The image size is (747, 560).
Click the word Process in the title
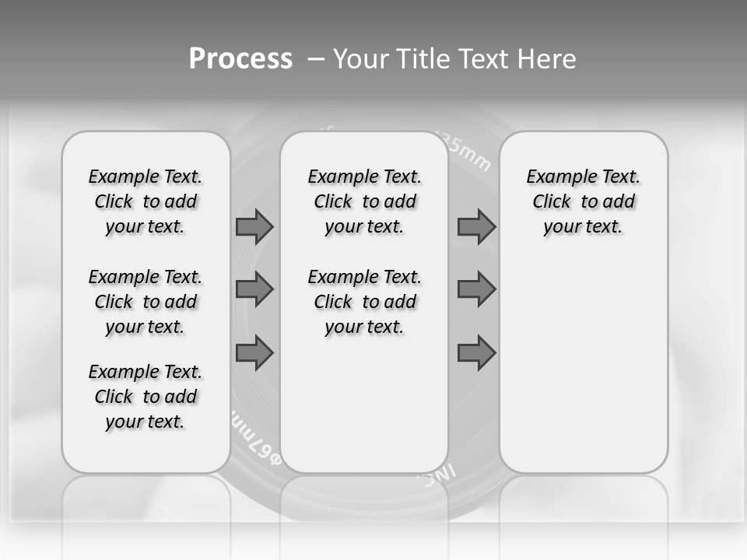(x=240, y=59)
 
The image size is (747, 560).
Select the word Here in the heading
(x=545, y=59)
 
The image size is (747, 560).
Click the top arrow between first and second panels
(x=254, y=226)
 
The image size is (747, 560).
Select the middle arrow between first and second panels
(x=254, y=289)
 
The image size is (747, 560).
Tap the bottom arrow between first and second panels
(x=254, y=353)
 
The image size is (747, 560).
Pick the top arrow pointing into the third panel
(x=476, y=226)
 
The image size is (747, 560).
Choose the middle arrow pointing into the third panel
(x=476, y=289)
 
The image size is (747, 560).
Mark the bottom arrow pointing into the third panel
(x=476, y=353)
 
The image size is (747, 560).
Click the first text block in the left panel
(x=146, y=201)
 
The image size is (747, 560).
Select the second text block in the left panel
(x=146, y=302)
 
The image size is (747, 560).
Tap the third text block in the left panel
(x=146, y=397)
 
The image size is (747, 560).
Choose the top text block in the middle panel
(x=364, y=201)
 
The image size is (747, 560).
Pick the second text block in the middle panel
(x=364, y=302)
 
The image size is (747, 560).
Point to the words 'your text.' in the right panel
(x=583, y=226)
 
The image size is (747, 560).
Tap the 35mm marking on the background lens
(x=467, y=152)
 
